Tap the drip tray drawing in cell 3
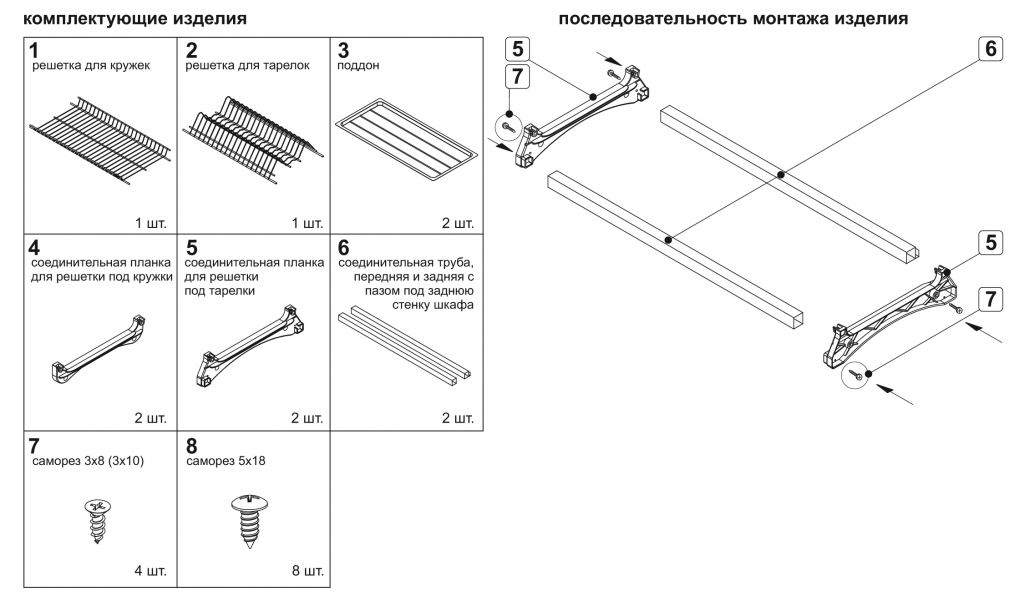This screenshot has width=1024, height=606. pos(404,143)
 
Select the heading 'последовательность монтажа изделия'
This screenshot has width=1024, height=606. pos(733,19)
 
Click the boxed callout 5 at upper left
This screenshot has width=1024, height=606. pos(517,49)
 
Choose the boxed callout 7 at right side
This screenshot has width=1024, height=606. pos(989,298)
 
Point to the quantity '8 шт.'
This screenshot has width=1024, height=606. pos(306,572)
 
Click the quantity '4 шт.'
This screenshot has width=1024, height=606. pos(150,572)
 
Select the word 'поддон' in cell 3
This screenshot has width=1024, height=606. pos(359,65)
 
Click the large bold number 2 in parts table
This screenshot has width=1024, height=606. pos(192,49)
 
